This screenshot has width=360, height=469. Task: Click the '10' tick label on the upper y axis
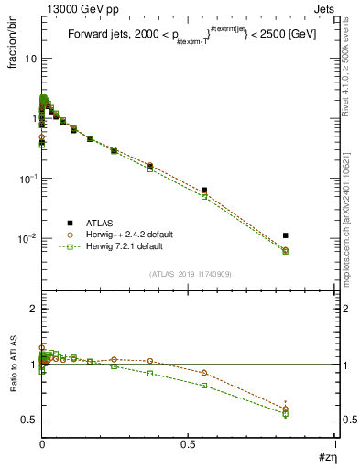30,58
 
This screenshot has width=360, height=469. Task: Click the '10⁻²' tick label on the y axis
28,239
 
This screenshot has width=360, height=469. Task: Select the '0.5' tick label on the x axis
188,444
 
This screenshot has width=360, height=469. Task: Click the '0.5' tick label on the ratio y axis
29,420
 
